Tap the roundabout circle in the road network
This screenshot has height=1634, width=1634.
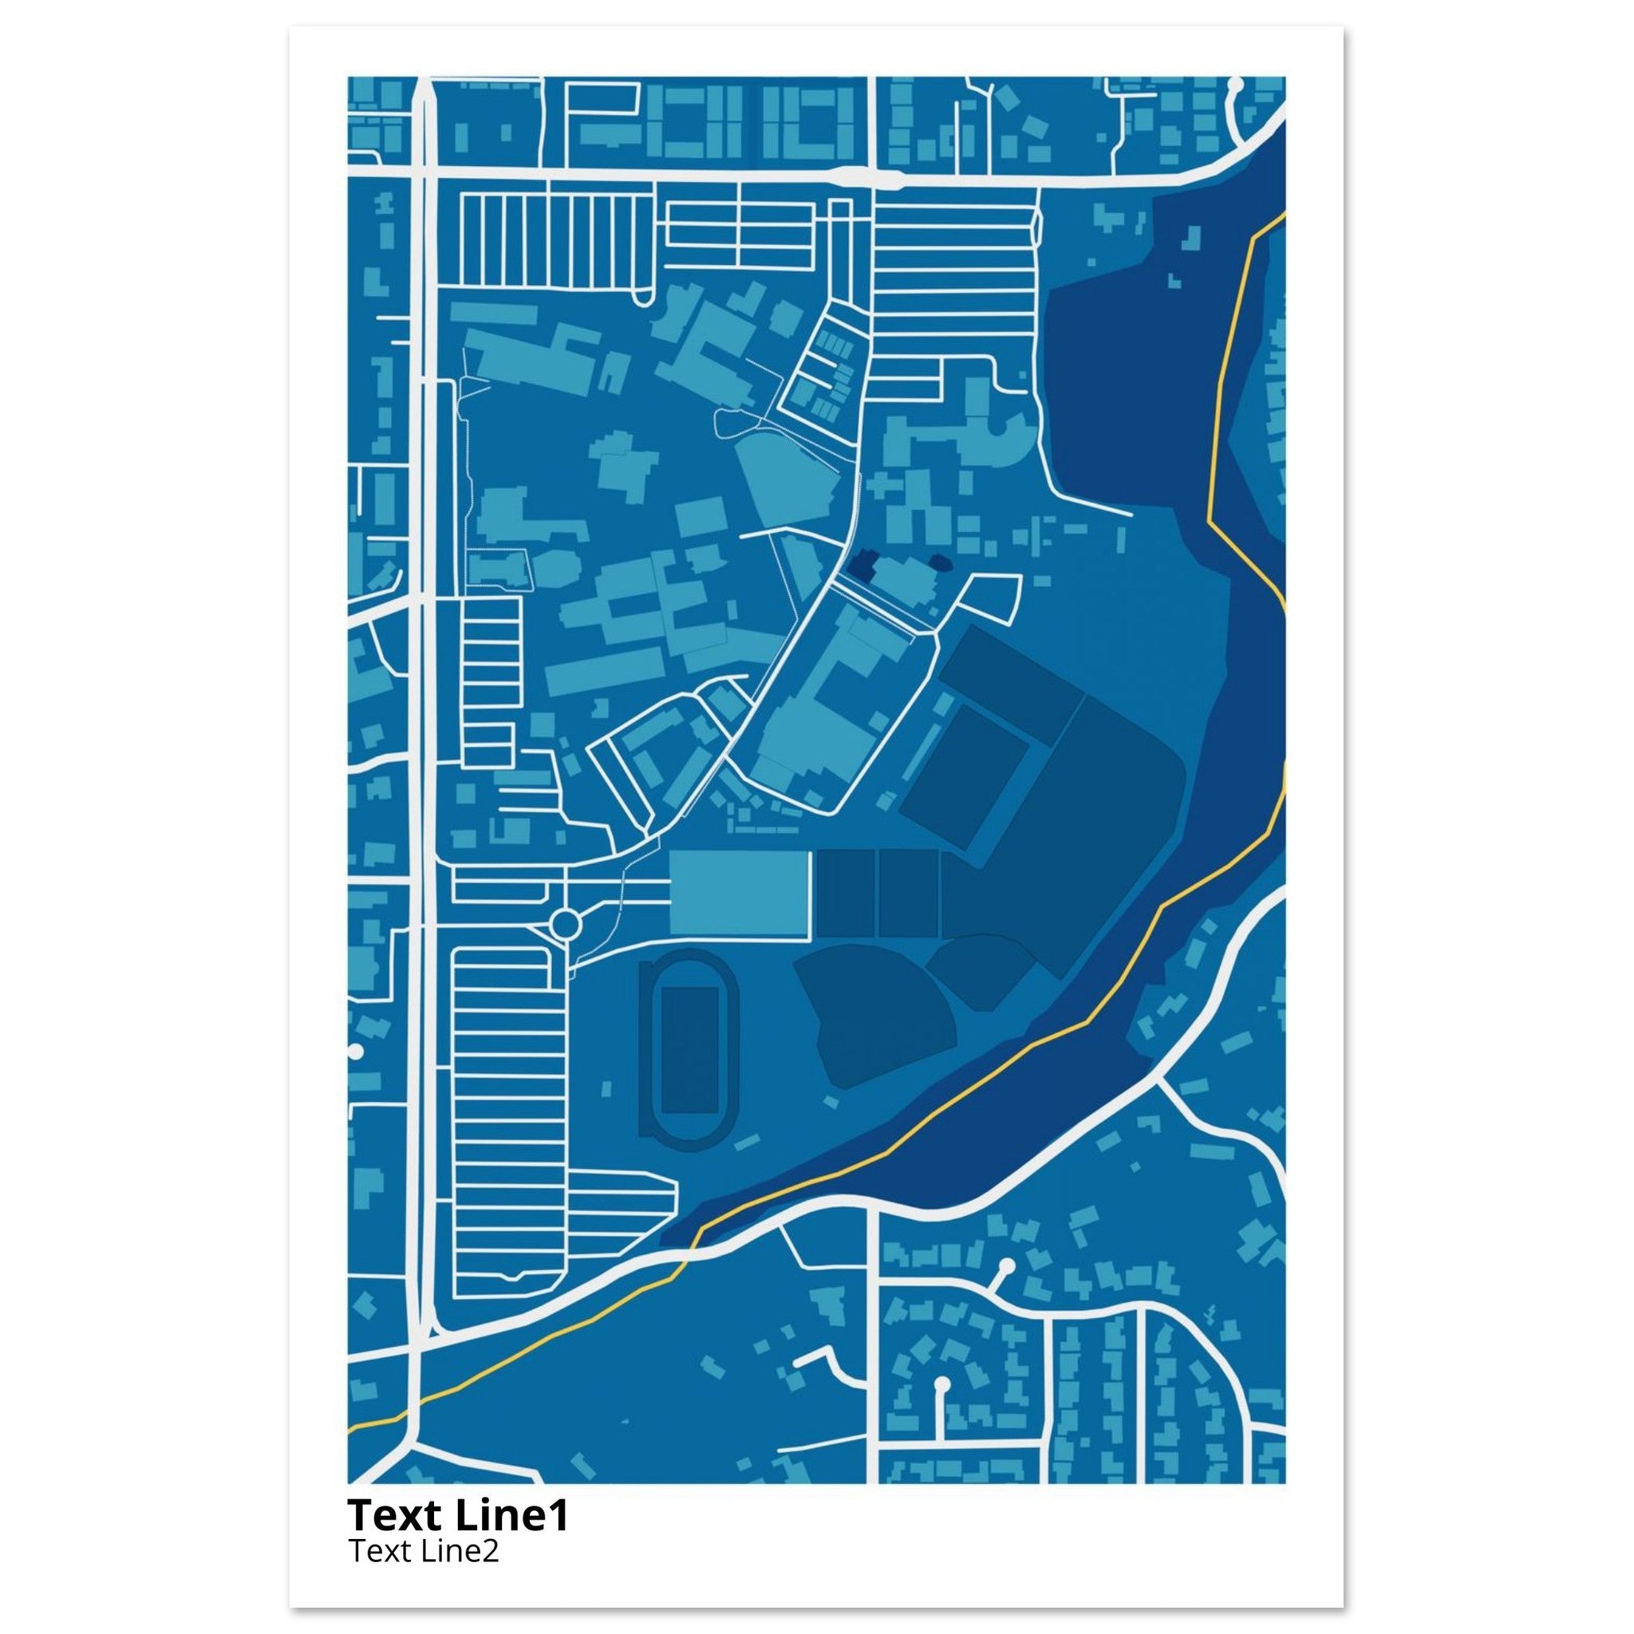pyautogui.click(x=565, y=926)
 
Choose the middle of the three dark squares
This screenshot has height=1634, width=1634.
pyautogui.click(x=908, y=894)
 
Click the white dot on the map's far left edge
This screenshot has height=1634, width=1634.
pyautogui.click(x=354, y=1052)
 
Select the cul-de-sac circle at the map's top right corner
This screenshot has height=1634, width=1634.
pyautogui.click(x=1234, y=85)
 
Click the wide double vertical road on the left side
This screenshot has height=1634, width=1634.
pyautogui.click(x=421, y=592)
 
